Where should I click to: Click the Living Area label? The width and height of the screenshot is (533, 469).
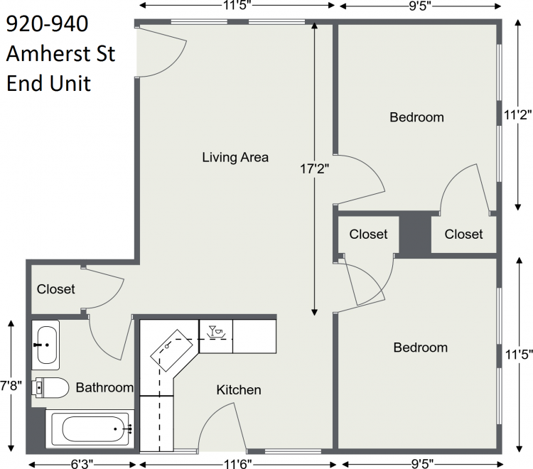coord(235,157)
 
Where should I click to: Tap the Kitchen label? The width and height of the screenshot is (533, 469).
coord(239,390)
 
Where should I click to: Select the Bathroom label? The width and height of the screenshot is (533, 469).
coord(104,387)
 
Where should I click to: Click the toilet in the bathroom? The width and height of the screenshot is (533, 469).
coord(50,387)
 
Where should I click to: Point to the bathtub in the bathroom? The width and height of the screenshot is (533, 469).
coord(90,429)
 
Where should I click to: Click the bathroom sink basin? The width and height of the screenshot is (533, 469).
coord(47,345)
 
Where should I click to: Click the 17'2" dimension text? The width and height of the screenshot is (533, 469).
coord(315,168)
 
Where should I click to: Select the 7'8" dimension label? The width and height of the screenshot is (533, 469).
coord(11,386)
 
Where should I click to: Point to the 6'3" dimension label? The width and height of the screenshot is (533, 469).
coord(82,464)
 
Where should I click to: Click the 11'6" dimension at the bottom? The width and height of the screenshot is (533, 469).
coord(238,464)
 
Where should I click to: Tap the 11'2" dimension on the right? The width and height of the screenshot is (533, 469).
coord(517,115)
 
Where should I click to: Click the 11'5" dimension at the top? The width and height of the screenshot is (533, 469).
coord(237,6)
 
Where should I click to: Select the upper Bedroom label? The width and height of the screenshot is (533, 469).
coord(416,117)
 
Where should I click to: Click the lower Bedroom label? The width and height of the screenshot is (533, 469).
coord(421,347)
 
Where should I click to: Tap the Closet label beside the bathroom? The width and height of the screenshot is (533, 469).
coord(55,289)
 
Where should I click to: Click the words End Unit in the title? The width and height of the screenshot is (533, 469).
coord(48,84)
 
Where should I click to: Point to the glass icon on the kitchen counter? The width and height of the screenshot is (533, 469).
coord(212,330)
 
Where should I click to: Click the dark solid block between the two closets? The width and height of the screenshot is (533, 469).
coord(415,234)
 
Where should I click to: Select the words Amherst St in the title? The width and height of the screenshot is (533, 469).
coord(61,54)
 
